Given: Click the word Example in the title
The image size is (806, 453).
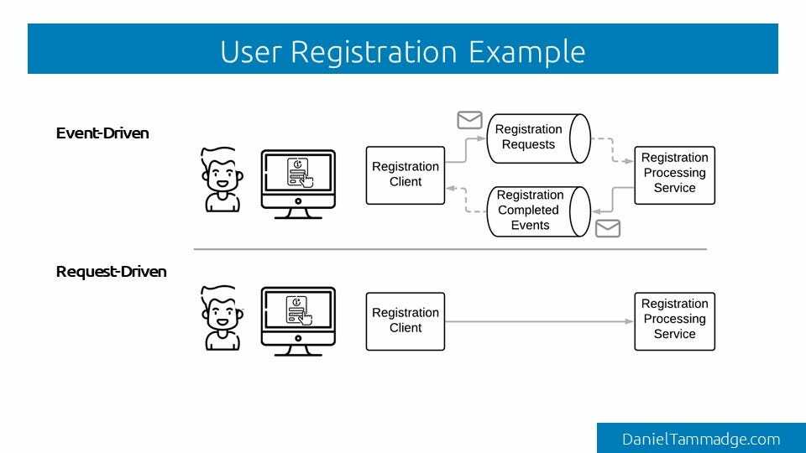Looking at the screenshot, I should pyautogui.click(x=526, y=52).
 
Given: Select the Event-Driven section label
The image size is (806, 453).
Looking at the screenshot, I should pyautogui.click(x=102, y=133).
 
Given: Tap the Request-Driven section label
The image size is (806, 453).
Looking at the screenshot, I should pyautogui.click(x=111, y=272).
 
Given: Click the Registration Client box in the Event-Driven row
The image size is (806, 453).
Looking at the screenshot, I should pyautogui.click(x=406, y=174).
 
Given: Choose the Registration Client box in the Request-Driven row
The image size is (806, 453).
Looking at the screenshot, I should pyautogui.click(x=406, y=320).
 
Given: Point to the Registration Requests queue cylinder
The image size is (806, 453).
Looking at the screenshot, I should pyautogui.click(x=534, y=138).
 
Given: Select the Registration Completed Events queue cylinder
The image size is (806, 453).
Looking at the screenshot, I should pyautogui.click(x=534, y=211).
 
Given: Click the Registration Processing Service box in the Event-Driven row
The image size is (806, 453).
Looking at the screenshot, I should pyautogui.click(x=675, y=174).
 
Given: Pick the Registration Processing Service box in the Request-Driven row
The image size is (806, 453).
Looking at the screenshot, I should pyautogui.click(x=675, y=320).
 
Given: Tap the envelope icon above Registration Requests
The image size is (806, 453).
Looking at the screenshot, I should pyautogui.click(x=469, y=120).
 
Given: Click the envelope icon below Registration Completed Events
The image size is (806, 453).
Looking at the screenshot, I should pyautogui.click(x=607, y=227).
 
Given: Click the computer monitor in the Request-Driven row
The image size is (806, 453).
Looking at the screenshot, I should pyautogui.click(x=298, y=315).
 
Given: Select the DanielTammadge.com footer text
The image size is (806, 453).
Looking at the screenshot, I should pyautogui.click(x=701, y=439).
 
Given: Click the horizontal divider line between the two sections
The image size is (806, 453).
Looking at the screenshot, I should pyautogui.click(x=450, y=249).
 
